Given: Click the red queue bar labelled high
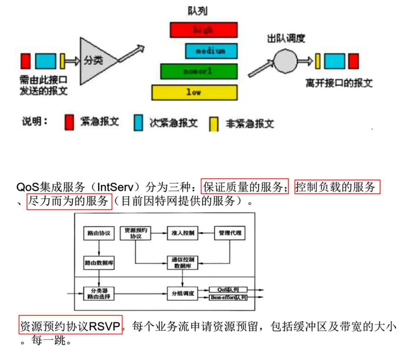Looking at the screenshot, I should click(x=204, y=30).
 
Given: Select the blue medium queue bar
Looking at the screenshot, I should click(x=211, y=51).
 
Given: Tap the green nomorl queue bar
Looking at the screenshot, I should click(x=198, y=71).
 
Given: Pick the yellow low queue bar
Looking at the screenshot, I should click(x=194, y=92).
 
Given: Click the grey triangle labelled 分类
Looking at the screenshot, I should click(x=94, y=61).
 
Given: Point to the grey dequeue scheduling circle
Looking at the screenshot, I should click(x=285, y=62).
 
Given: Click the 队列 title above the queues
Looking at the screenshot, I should click(x=197, y=11).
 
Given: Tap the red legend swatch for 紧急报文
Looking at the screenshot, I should click(x=69, y=122).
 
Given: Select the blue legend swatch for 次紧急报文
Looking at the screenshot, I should click(x=138, y=122).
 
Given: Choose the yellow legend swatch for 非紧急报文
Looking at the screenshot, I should click(x=213, y=124).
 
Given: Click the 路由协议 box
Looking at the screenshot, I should click(x=99, y=233).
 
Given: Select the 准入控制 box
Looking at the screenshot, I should click(x=182, y=233).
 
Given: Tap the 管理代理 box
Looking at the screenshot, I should click(x=229, y=233).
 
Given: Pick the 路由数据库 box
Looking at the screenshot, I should click(x=99, y=263).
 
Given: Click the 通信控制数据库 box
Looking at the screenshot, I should click(x=182, y=263).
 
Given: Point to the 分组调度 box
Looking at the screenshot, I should click(x=182, y=293).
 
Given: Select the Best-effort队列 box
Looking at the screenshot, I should click(x=228, y=298).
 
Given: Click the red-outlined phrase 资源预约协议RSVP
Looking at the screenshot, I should click(x=70, y=326).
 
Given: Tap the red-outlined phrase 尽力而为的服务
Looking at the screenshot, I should click(x=69, y=201).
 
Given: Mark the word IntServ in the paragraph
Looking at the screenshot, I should click(x=115, y=187).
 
